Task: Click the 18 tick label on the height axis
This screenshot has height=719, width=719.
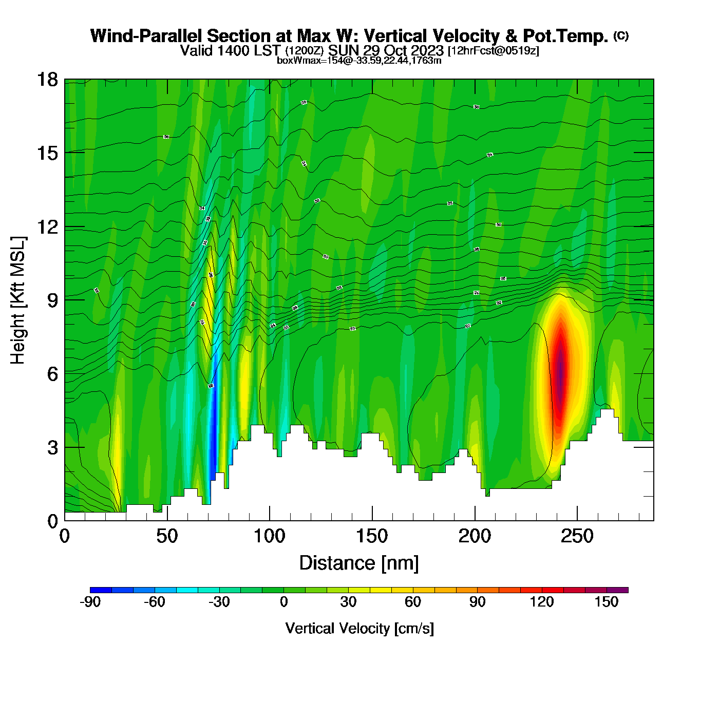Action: tap(48, 80)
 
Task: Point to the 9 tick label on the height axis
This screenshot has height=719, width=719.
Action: tap(52, 300)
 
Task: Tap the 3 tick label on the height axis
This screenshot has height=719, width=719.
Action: tap(52, 447)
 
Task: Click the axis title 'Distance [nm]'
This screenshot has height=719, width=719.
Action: tap(359, 563)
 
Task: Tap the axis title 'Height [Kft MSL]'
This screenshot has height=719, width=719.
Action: tap(18, 300)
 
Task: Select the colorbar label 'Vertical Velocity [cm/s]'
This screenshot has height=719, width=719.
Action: tap(359, 628)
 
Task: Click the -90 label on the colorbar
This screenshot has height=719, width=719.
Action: tap(90, 602)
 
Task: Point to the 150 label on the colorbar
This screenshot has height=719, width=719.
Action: tap(607, 602)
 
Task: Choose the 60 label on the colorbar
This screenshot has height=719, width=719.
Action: tap(413, 602)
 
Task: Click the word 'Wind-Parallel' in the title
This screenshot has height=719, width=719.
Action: tap(146, 36)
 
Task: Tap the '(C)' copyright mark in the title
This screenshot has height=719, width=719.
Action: tap(621, 35)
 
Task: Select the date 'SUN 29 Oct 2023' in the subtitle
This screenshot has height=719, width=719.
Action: tap(386, 50)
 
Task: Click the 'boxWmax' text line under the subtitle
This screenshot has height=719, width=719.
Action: tap(359, 60)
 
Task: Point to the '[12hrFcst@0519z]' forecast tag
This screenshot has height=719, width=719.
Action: tap(494, 51)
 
